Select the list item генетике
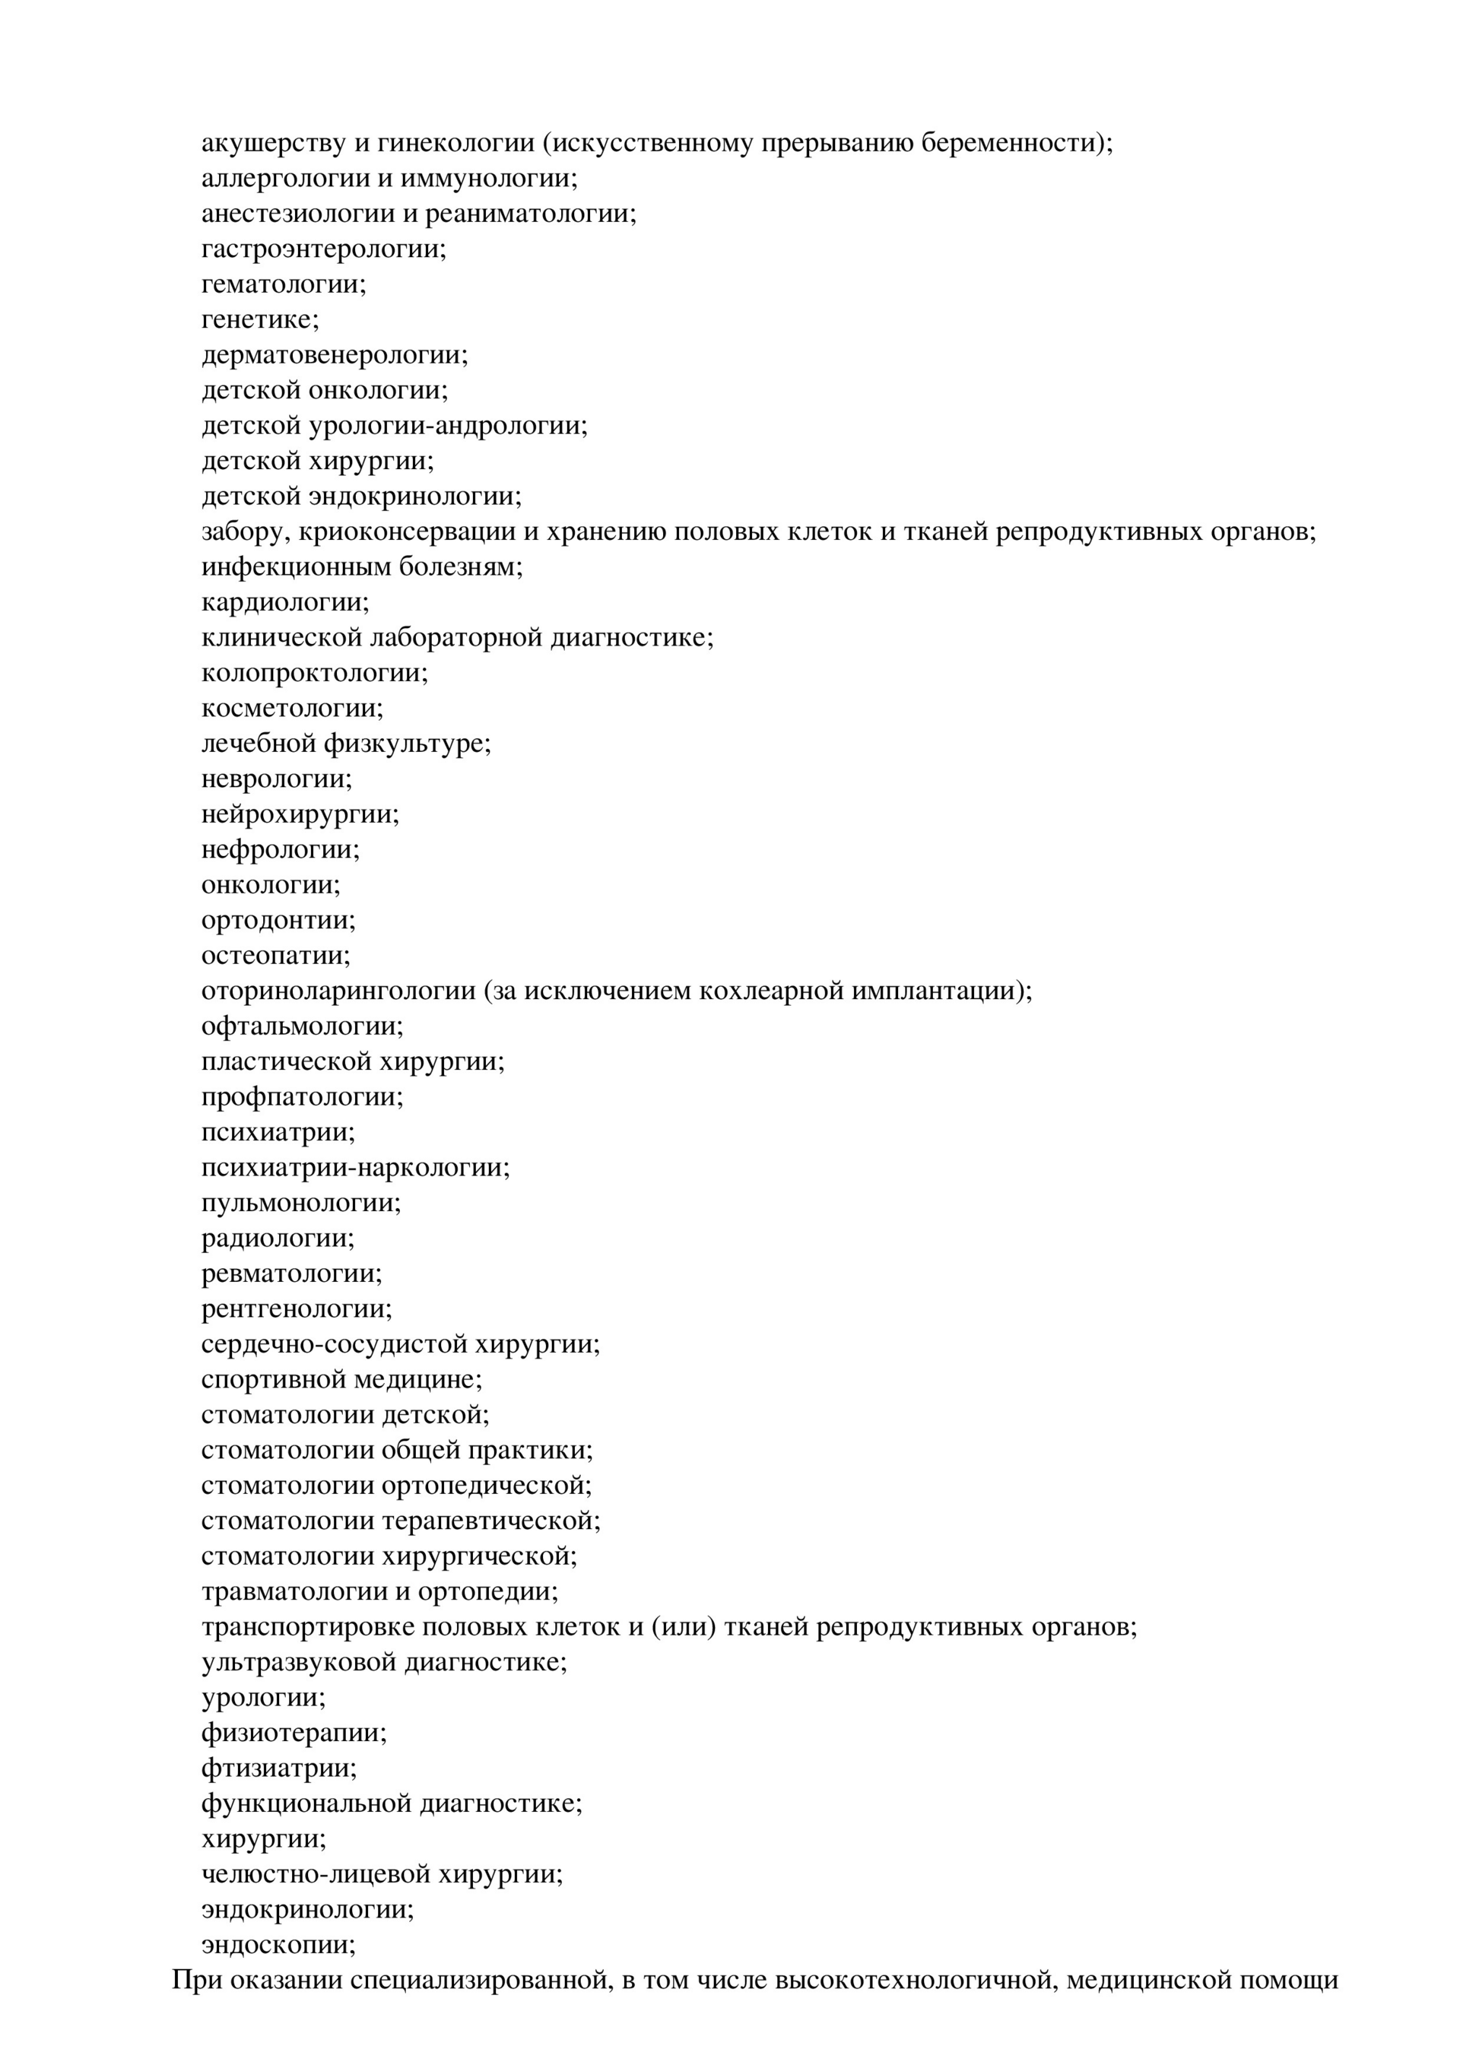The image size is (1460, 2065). tap(260, 319)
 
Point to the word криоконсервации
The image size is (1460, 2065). tap(407, 531)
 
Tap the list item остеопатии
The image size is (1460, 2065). tap(276, 956)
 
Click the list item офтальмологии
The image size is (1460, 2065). tap(302, 1026)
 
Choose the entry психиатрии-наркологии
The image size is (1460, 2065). tap(355, 1167)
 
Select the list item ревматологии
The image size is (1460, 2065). tap(291, 1274)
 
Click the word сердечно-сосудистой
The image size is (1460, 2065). tap(333, 1344)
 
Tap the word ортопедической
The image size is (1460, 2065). tap(487, 1486)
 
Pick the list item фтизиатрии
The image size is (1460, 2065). tap(279, 1768)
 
